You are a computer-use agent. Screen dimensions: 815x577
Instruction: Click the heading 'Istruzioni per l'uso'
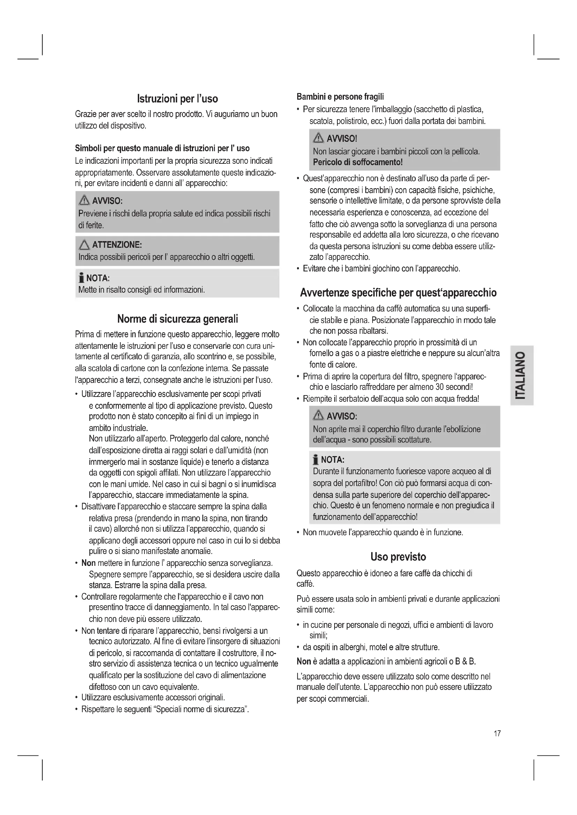[177, 99]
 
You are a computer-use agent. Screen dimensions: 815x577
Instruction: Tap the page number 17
[497, 733]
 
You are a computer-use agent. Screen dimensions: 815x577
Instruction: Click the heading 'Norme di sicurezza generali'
[177, 319]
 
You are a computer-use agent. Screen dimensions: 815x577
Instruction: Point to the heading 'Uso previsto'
[398, 556]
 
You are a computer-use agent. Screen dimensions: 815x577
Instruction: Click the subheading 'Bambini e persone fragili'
[340, 97]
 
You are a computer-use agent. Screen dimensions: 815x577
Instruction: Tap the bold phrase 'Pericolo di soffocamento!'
[358, 162]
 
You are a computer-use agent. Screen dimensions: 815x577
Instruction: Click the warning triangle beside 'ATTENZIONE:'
[84, 245]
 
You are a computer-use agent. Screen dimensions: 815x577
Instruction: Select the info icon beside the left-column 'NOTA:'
[81, 278]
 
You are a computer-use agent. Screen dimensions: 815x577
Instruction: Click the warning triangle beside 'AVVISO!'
[319, 138]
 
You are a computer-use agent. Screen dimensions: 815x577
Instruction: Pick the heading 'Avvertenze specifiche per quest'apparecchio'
[398, 292]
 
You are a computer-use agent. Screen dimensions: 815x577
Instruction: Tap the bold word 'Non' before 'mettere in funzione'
[89, 563]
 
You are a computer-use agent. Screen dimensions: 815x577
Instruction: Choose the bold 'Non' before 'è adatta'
[304, 661]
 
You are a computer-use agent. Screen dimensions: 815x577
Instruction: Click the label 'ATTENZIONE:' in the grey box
[117, 245]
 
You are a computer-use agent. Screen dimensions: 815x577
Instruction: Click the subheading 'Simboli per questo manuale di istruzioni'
[162, 148]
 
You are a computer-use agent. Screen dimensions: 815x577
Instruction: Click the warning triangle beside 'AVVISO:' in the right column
[319, 416]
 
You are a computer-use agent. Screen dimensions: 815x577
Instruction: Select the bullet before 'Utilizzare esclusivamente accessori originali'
[76, 698]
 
